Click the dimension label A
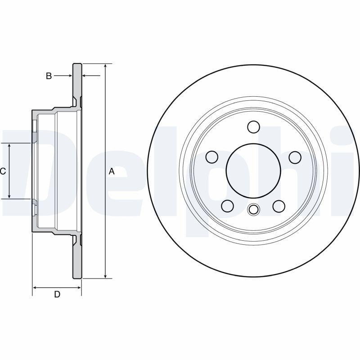point(112,171)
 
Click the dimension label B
point(49,76)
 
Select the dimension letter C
point(3,171)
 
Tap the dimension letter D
point(57,294)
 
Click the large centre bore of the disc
point(253,171)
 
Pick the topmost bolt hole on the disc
point(253,127)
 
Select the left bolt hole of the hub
point(211,157)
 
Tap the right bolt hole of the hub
point(295,157)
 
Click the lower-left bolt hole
point(228,206)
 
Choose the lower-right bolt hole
point(279,206)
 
